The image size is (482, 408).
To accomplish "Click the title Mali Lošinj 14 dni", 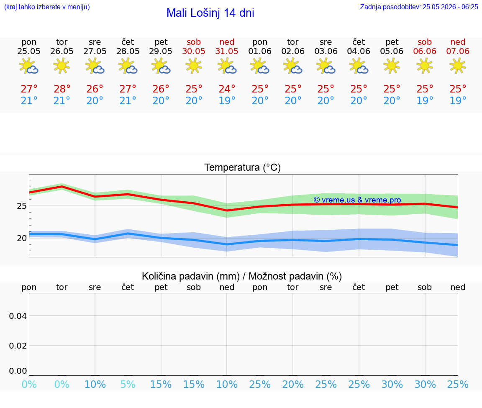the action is [x=210, y=13].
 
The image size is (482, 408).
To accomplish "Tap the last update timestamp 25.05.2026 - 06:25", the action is [x=450, y=7].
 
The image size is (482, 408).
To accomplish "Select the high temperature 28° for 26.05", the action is [x=62, y=89].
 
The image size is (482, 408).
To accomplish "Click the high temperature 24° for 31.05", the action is [x=227, y=89].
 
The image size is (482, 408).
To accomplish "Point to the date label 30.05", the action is [x=194, y=51].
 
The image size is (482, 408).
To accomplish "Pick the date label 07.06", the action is [x=458, y=51].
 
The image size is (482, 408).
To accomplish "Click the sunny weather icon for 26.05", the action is [x=62, y=66].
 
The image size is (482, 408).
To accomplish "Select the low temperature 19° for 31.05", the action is [x=227, y=100].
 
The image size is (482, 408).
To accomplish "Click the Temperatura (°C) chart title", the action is [x=243, y=167].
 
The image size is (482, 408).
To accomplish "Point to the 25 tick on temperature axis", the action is [x=22, y=206].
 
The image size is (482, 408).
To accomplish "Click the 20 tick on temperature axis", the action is [x=22, y=238].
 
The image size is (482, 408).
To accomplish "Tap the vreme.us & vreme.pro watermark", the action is [x=357, y=200].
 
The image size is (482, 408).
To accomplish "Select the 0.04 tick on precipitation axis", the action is [x=18, y=316].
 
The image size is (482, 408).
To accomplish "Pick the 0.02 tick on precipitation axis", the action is [x=18, y=346].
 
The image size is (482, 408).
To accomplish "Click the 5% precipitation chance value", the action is [x=128, y=384].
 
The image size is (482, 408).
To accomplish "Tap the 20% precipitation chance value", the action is [x=293, y=384].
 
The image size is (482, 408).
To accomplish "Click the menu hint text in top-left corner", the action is [x=47, y=7].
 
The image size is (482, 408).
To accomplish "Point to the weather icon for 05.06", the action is [x=392, y=66].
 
